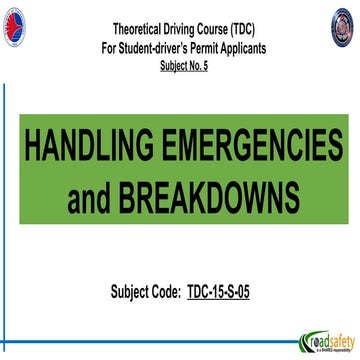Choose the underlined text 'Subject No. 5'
tap(181, 65)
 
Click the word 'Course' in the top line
tap(208, 30)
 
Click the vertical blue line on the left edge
tap(5, 200)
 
